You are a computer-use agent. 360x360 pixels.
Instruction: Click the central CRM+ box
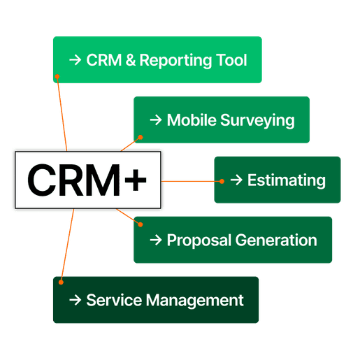(x=87, y=180)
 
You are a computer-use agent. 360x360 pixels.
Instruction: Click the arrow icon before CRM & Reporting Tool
(x=75, y=60)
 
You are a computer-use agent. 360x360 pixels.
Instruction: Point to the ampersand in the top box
(x=129, y=60)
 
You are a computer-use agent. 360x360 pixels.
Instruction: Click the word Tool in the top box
(x=230, y=60)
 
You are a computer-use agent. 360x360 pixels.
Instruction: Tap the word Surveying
(x=257, y=120)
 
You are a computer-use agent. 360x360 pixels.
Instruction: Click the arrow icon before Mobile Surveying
(x=155, y=120)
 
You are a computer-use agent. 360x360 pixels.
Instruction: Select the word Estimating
(x=287, y=180)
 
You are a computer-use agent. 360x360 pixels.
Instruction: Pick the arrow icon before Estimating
(x=236, y=180)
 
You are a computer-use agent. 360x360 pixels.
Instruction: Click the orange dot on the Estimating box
(x=222, y=181)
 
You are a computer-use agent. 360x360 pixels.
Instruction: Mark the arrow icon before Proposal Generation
(x=155, y=240)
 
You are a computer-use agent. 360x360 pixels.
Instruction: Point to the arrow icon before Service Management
(x=75, y=301)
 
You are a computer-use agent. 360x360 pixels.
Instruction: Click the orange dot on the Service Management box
(x=61, y=282)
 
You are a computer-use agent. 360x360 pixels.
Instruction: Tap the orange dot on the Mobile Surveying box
(x=141, y=137)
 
